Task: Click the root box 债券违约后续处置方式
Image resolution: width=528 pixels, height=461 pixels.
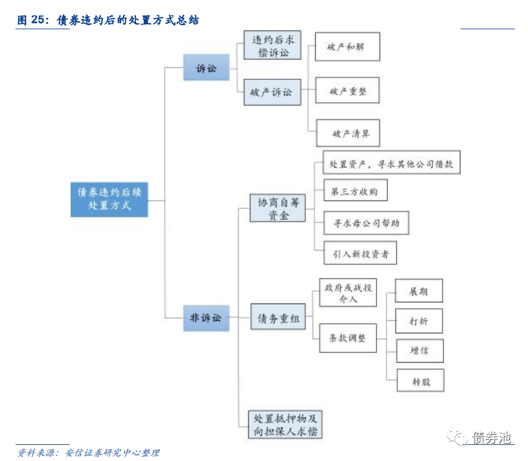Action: click(109, 199)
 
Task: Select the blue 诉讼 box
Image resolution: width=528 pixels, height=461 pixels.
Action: click(206, 69)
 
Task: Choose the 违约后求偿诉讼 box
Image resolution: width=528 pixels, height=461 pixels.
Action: click(272, 46)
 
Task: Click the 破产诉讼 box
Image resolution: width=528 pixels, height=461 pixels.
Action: click(272, 92)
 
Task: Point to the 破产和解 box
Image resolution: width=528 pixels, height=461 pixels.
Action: click(348, 47)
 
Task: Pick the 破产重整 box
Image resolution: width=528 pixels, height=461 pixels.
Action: click(348, 92)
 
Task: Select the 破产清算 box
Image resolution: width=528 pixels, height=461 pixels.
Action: click(348, 134)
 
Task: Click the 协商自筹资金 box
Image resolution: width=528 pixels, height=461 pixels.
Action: click(277, 208)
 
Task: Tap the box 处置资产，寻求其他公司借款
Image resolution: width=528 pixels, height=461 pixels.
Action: click(391, 163)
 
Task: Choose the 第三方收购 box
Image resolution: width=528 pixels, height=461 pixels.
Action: click(354, 191)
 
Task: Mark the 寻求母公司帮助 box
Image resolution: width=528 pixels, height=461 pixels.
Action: click(366, 224)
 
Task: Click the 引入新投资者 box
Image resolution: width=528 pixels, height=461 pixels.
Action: click(360, 253)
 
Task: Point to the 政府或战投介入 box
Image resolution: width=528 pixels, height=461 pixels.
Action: click(348, 292)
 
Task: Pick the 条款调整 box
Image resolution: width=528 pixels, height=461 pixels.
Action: click(348, 338)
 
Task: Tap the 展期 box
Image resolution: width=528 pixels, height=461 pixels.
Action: click(419, 292)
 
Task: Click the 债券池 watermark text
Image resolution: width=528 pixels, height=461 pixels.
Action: click(492, 438)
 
